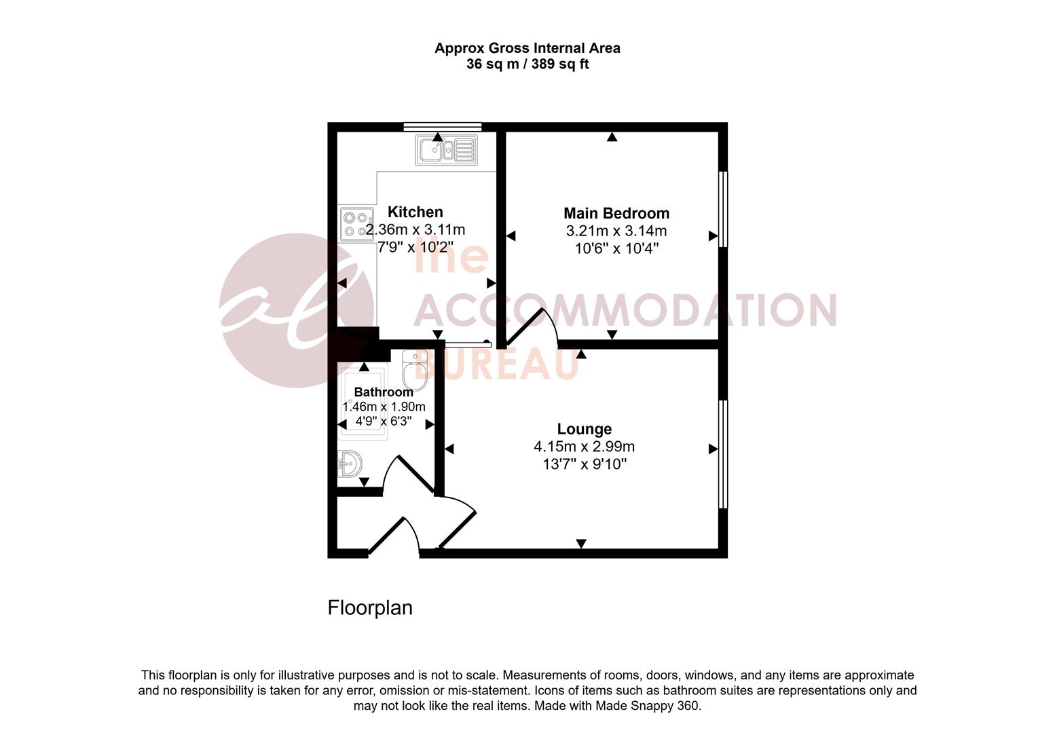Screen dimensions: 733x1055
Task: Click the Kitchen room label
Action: pyautogui.click(x=415, y=212)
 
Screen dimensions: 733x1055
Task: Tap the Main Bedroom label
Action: pyautogui.click(x=616, y=214)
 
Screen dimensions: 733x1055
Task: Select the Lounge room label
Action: pyautogui.click(x=584, y=430)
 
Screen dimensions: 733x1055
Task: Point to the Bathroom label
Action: pyautogui.click(x=384, y=392)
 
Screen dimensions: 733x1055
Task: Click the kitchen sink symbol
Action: pyautogui.click(x=446, y=150)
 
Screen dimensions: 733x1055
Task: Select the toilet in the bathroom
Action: pyautogui.click(x=413, y=370)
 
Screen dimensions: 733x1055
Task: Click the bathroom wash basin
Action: pyautogui.click(x=350, y=465)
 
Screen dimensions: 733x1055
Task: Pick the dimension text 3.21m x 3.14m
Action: pyautogui.click(x=616, y=231)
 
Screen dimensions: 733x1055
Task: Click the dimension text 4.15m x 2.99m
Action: pyautogui.click(x=584, y=447)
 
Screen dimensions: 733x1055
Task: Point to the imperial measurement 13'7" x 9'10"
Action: pyautogui.click(x=584, y=465)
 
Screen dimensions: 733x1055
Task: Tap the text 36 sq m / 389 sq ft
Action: pyautogui.click(x=527, y=65)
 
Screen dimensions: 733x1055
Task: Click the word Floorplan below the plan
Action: pyautogui.click(x=370, y=607)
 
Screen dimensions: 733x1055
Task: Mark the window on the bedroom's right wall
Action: pyautogui.click(x=723, y=209)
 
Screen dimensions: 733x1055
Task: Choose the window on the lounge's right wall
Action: pyautogui.click(x=723, y=453)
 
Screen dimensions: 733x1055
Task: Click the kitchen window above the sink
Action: pyautogui.click(x=442, y=126)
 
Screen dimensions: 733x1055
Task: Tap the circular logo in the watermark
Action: pyautogui.click(x=295, y=310)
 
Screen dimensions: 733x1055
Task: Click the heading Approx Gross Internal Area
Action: pyautogui.click(x=527, y=48)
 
